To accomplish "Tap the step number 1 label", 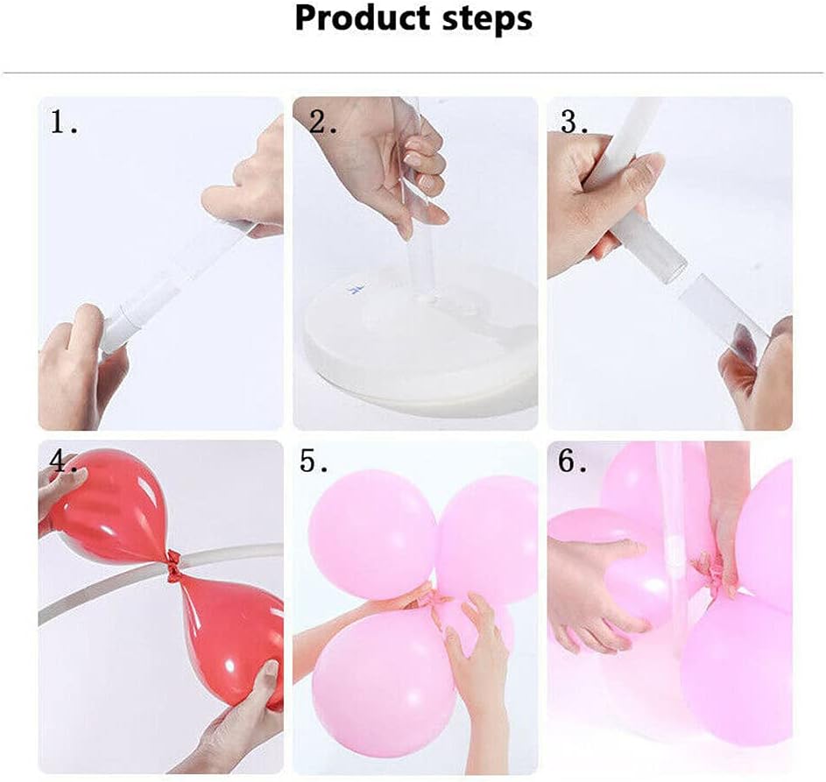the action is click(63, 122).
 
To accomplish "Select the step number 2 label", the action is click(322, 123).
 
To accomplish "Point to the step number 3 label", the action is click(575, 122).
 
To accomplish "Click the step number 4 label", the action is click(63, 461).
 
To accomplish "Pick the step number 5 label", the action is click(314, 461).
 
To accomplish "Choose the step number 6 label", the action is click(573, 461).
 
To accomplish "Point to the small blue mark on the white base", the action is click(356, 289).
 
